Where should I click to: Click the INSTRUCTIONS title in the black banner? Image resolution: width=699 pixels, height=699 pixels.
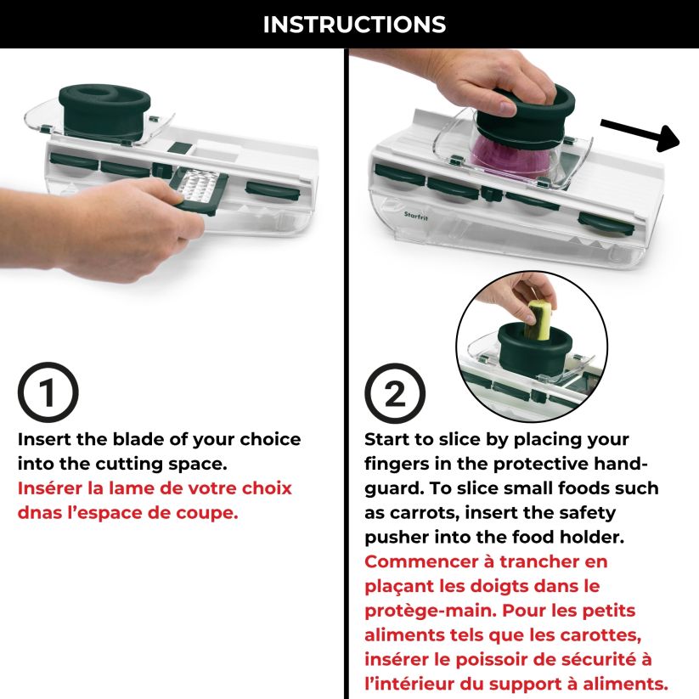[x=354, y=25]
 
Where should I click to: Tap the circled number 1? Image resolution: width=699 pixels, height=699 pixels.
[x=48, y=392]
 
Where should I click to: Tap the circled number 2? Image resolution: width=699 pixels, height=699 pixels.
[x=395, y=392]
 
